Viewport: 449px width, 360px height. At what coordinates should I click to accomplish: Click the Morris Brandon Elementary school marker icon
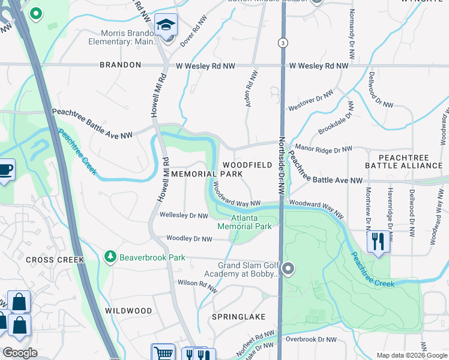tap(166, 26)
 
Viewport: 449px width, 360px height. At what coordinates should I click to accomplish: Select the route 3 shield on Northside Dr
tap(281, 43)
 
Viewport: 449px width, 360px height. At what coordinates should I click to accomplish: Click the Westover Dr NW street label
tap(310, 100)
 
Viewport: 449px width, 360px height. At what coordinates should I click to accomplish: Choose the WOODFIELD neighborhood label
tap(247, 164)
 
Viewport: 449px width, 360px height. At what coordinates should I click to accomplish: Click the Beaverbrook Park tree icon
tap(110, 257)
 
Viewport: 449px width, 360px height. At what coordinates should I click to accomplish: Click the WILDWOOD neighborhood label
tap(128, 310)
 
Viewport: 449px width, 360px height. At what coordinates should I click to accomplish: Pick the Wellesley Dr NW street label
tap(184, 215)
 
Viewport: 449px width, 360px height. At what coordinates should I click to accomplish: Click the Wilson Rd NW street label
tap(195, 282)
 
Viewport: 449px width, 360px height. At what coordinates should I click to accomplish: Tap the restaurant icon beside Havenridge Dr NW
tap(378, 241)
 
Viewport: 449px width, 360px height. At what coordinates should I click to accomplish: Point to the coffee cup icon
tap(5, 170)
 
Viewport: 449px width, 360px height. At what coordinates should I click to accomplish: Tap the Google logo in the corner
tap(20, 353)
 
